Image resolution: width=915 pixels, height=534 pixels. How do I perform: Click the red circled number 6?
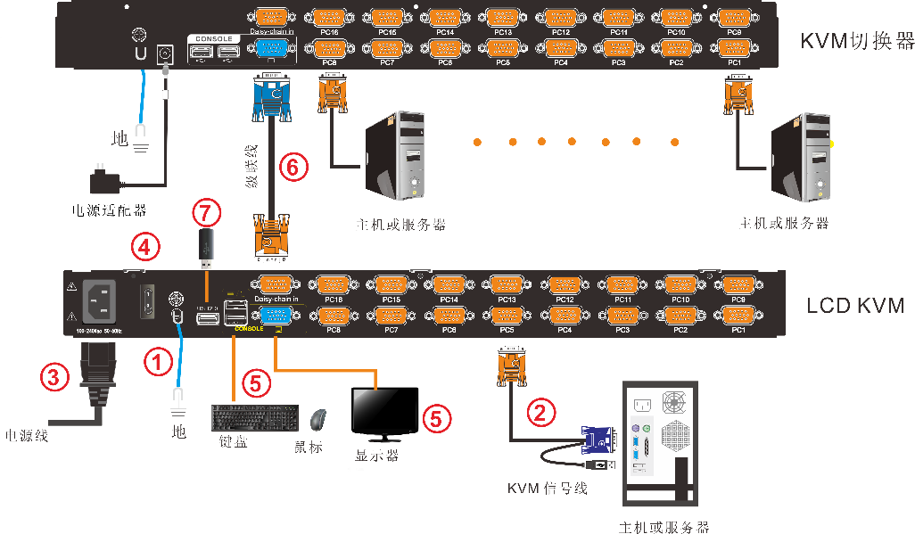(x=293, y=166)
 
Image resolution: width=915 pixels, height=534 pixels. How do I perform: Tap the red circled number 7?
(x=206, y=212)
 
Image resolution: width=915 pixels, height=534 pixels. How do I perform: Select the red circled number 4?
(x=146, y=246)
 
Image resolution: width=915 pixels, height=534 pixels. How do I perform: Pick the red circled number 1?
(x=158, y=361)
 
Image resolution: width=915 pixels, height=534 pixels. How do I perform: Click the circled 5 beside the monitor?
(x=436, y=417)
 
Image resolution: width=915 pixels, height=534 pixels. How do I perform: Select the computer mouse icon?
(x=317, y=419)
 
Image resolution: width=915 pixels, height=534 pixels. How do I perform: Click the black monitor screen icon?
(x=384, y=412)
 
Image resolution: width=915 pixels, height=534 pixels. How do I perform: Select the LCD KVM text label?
(x=855, y=306)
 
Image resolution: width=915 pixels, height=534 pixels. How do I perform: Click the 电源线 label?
(x=27, y=436)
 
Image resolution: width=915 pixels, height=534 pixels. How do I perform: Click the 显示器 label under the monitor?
(x=377, y=455)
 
